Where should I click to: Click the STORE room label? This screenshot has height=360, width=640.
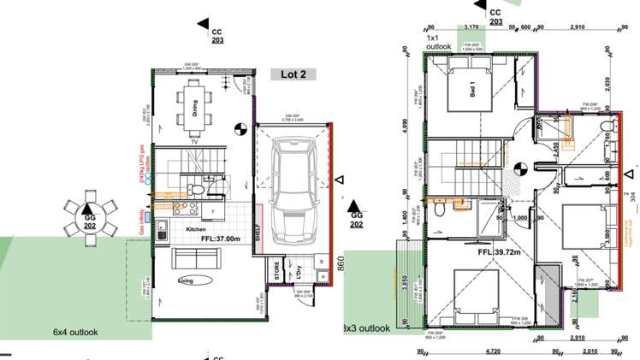point(277,273)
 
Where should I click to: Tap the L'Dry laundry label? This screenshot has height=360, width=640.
point(299,272)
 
